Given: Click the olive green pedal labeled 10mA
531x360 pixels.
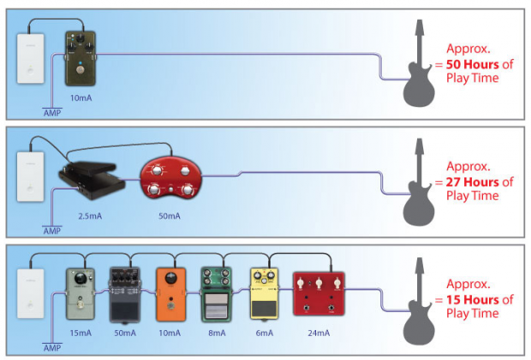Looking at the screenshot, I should (81, 58).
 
